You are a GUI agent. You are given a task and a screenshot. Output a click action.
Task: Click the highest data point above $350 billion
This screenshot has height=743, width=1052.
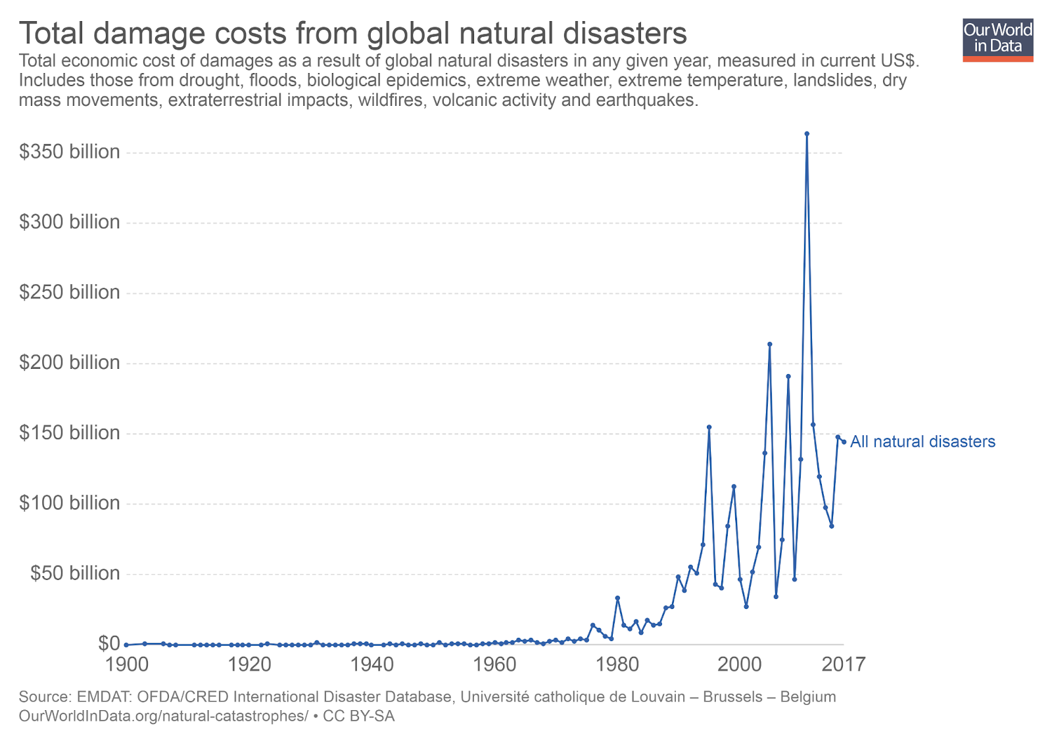coord(807,133)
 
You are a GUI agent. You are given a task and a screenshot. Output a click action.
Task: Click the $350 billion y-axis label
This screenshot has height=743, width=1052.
coord(69,152)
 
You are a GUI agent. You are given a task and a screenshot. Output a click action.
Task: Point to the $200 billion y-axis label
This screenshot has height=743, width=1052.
coord(69,362)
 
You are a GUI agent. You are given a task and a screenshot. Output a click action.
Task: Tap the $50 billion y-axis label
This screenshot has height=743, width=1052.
coord(75,573)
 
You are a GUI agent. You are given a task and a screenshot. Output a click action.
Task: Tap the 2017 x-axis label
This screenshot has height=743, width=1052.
coord(844,664)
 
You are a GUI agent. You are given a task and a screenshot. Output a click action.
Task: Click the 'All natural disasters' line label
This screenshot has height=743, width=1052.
coord(922,442)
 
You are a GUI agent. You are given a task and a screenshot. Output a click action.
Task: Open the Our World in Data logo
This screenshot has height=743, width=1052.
coord(997,40)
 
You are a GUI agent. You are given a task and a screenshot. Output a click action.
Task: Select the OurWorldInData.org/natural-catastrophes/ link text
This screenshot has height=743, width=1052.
coord(163,716)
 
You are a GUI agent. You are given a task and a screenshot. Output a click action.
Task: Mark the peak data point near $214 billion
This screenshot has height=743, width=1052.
coord(770,344)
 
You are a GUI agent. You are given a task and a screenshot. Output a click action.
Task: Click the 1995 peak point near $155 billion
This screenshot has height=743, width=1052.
coord(709,427)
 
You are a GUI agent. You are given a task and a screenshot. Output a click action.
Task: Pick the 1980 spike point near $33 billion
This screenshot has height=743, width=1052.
coord(617,598)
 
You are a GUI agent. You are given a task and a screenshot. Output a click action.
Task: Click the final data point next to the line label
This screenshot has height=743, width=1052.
coord(844,442)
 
